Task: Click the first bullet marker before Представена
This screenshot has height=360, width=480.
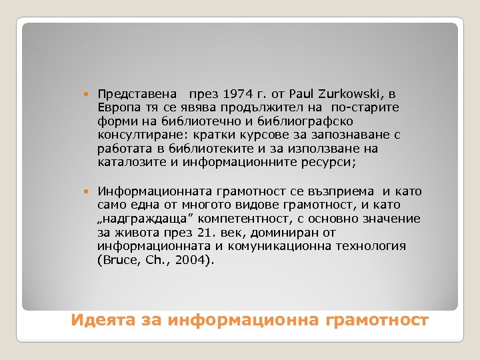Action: pos(89,95)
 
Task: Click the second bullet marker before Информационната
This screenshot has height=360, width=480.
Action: pos(89,192)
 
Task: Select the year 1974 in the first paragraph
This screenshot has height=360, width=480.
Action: pos(238,94)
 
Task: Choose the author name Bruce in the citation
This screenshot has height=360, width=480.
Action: pos(116,259)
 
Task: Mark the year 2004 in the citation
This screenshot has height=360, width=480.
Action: pos(193,259)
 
